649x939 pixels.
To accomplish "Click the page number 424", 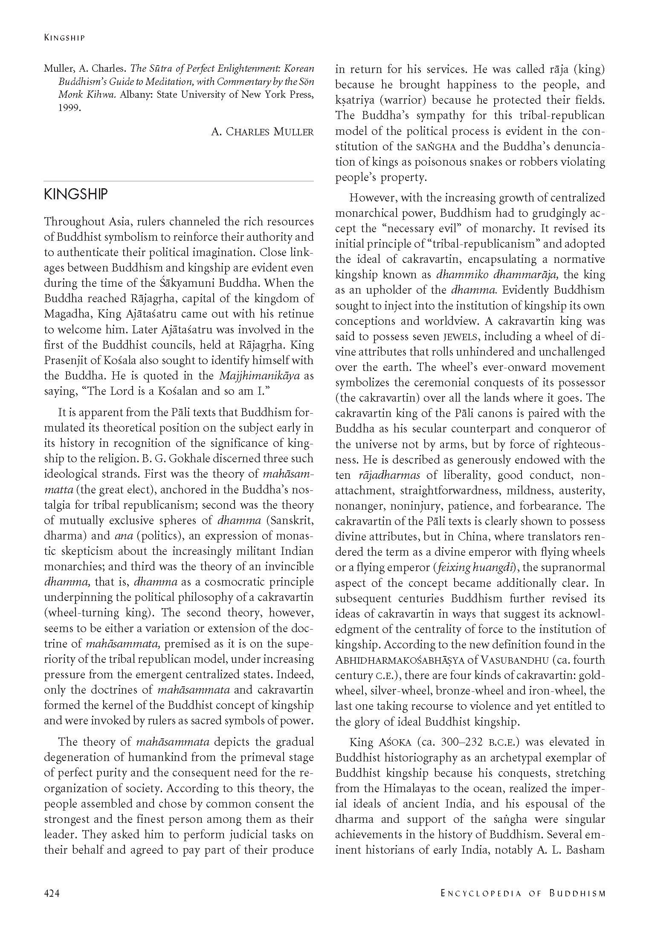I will coord(52,893).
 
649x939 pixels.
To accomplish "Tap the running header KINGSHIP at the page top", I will coord(64,38).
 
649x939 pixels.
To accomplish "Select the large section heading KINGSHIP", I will coord(76,195).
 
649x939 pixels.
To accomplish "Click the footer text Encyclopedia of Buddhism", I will coord(523,893).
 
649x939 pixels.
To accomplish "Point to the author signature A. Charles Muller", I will coord(262,131).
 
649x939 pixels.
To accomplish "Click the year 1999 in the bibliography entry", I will coord(69,108).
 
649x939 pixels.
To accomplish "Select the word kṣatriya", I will coord(354,100).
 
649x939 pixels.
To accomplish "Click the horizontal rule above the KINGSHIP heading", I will coord(179,181).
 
